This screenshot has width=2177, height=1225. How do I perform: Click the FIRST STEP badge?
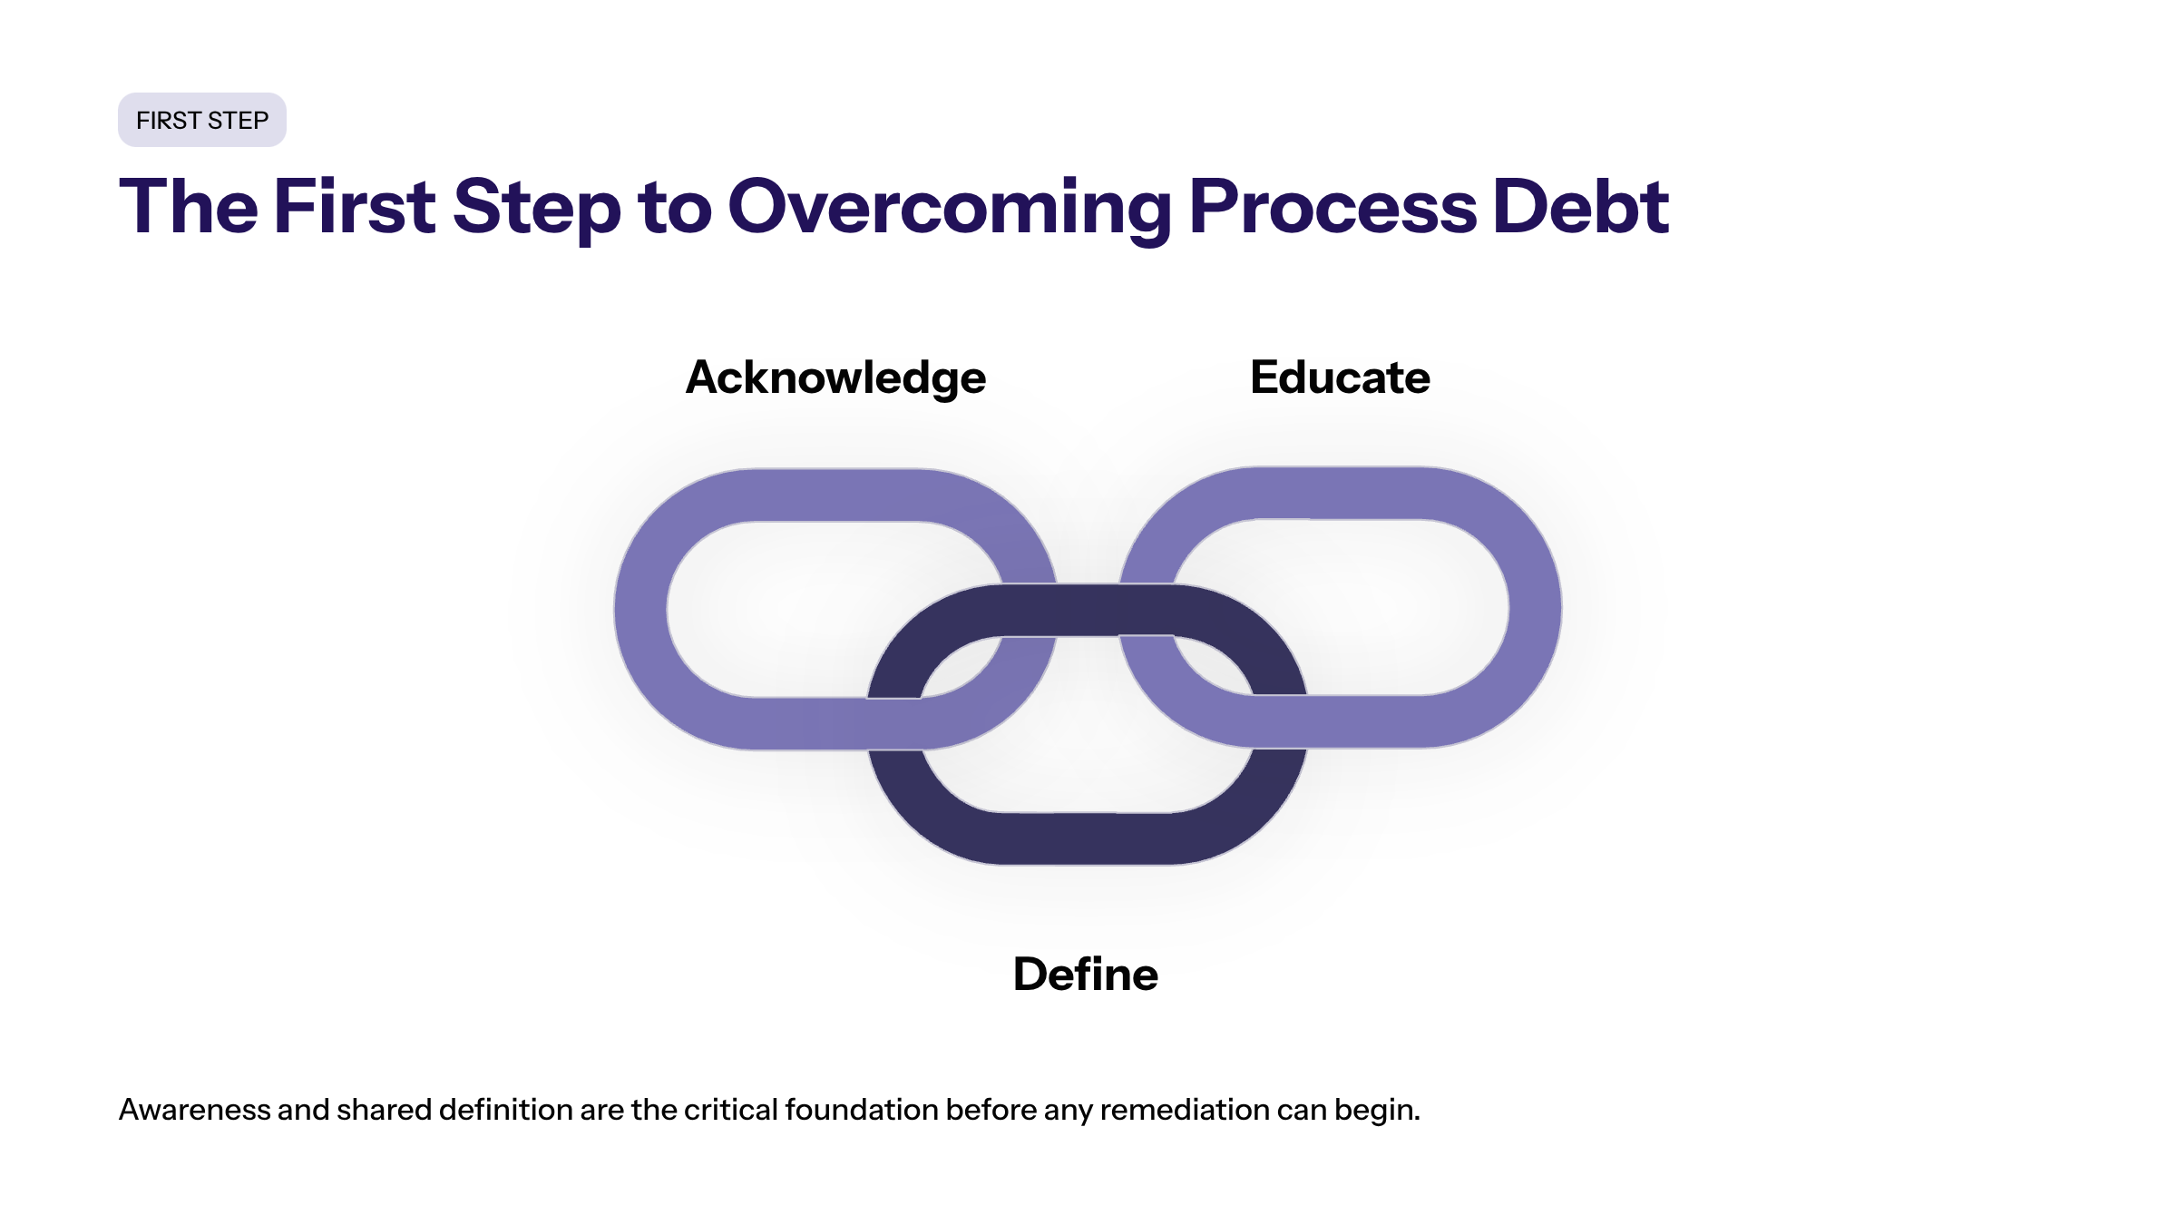(x=201, y=120)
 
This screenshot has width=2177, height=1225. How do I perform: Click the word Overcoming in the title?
(x=949, y=207)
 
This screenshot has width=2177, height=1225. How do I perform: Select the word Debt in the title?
(x=1579, y=207)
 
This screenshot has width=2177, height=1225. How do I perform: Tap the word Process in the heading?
(x=1332, y=207)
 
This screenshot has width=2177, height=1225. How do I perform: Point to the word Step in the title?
(x=536, y=207)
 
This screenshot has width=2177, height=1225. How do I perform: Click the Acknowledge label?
(x=835, y=377)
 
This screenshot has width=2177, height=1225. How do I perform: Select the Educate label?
(x=1340, y=377)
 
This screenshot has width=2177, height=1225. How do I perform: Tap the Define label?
(x=1085, y=975)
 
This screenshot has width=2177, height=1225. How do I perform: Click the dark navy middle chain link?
(x=1087, y=838)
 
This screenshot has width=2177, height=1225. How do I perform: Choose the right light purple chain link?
(x=1535, y=609)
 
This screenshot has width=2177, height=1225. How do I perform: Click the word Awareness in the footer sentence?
(x=194, y=1110)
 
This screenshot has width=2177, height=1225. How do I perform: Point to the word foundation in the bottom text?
(x=861, y=1110)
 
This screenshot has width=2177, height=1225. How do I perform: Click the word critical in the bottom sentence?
(x=730, y=1110)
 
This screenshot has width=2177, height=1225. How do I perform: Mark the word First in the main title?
(x=354, y=207)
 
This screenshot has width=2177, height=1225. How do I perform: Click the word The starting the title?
(x=189, y=207)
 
